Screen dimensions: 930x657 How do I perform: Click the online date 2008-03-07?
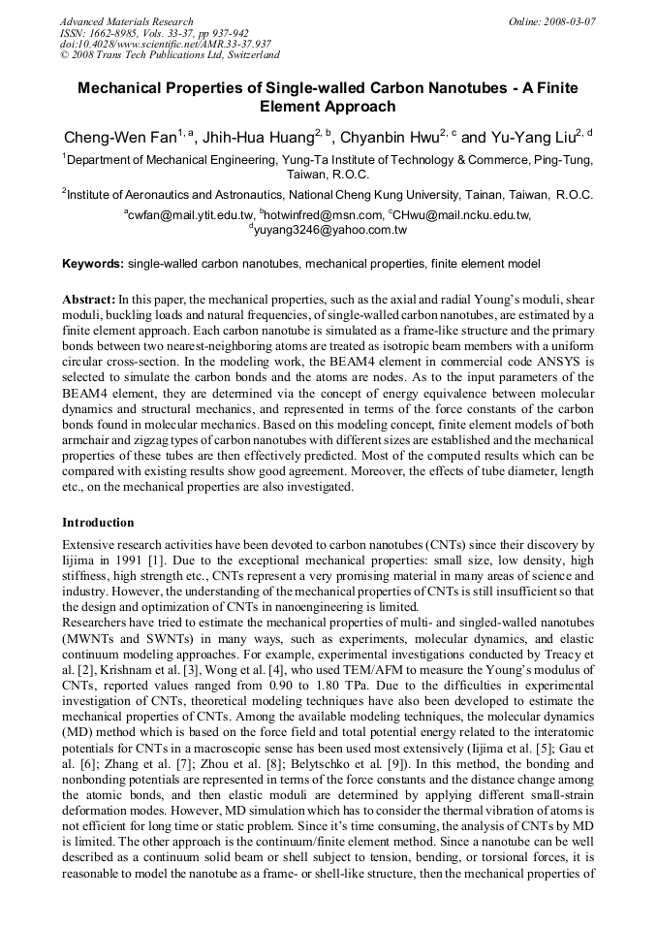571,20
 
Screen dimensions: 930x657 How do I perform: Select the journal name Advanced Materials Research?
127,20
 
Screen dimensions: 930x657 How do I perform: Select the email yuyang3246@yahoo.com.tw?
330,231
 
